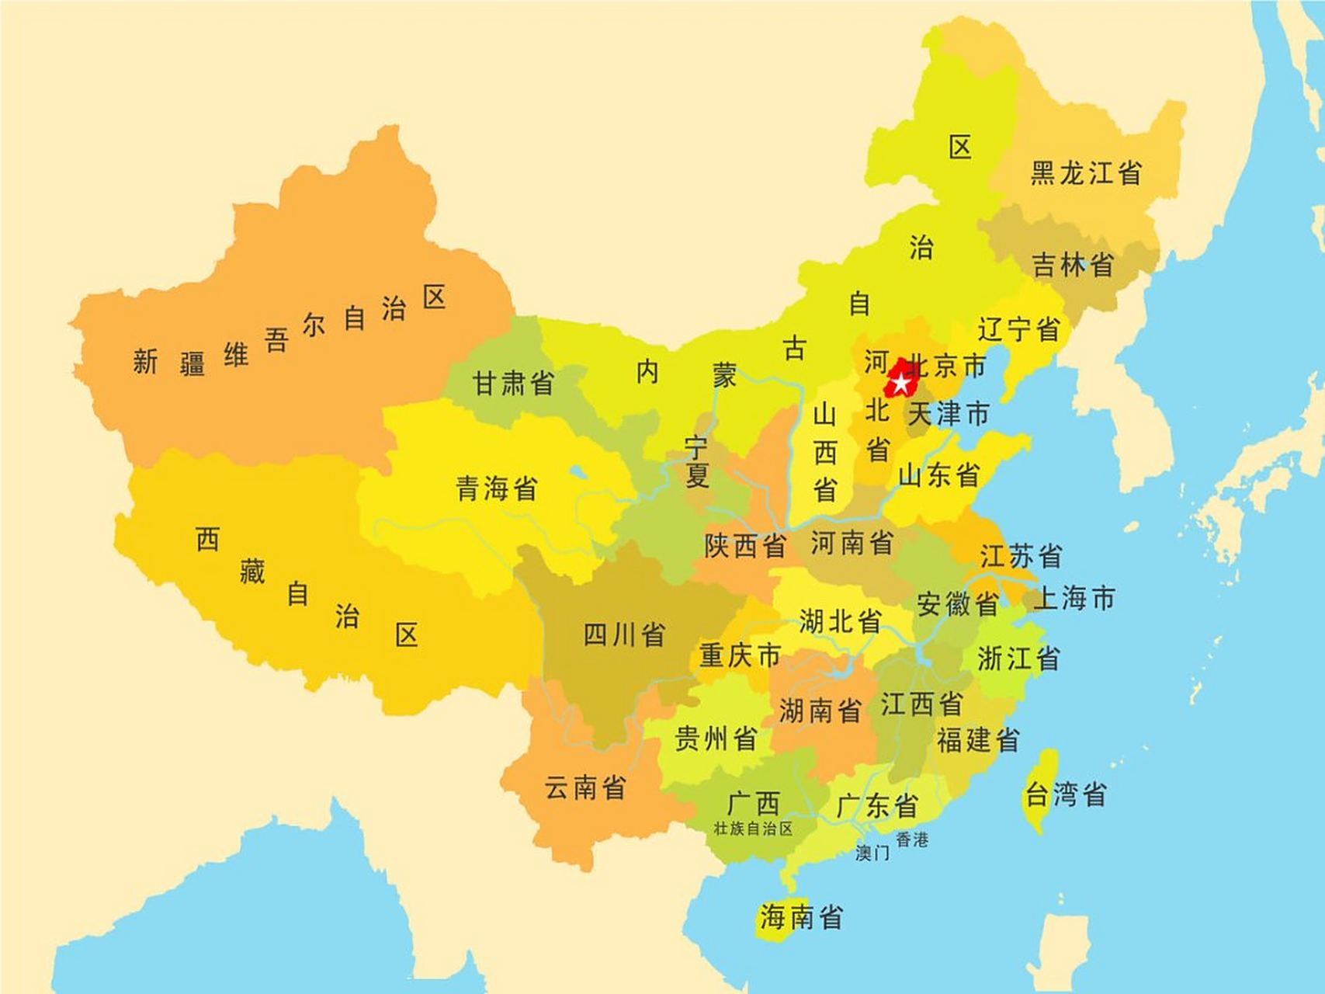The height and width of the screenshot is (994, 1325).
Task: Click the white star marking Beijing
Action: [x=900, y=383]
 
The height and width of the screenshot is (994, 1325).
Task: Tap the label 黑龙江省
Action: [x=1086, y=172]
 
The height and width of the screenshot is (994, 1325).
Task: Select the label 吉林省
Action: [x=1073, y=265]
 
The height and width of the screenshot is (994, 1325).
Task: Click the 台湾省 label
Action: [x=1065, y=794]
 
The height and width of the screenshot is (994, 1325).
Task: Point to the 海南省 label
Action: [x=801, y=917]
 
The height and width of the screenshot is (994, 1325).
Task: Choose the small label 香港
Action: [x=912, y=839]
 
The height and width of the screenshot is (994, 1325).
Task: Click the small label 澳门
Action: [x=872, y=853]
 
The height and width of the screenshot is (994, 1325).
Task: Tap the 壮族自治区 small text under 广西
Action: [x=753, y=829]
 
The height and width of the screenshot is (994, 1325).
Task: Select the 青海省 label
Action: [x=497, y=488]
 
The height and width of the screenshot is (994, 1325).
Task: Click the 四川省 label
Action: [x=624, y=634]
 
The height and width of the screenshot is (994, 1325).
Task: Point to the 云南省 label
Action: [x=584, y=787]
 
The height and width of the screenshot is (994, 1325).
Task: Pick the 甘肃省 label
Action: [x=513, y=382]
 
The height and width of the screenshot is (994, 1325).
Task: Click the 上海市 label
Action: [x=1075, y=598]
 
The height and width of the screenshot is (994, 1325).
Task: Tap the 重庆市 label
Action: [x=739, y=655]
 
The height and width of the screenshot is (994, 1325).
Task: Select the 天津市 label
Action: [x=949, y=413]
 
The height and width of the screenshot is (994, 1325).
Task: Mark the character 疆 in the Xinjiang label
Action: [x=192, y=362]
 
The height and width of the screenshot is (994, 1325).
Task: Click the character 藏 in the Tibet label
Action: [x=251, y=572]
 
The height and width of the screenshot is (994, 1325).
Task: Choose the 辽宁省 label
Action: [x=1018, y=328]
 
